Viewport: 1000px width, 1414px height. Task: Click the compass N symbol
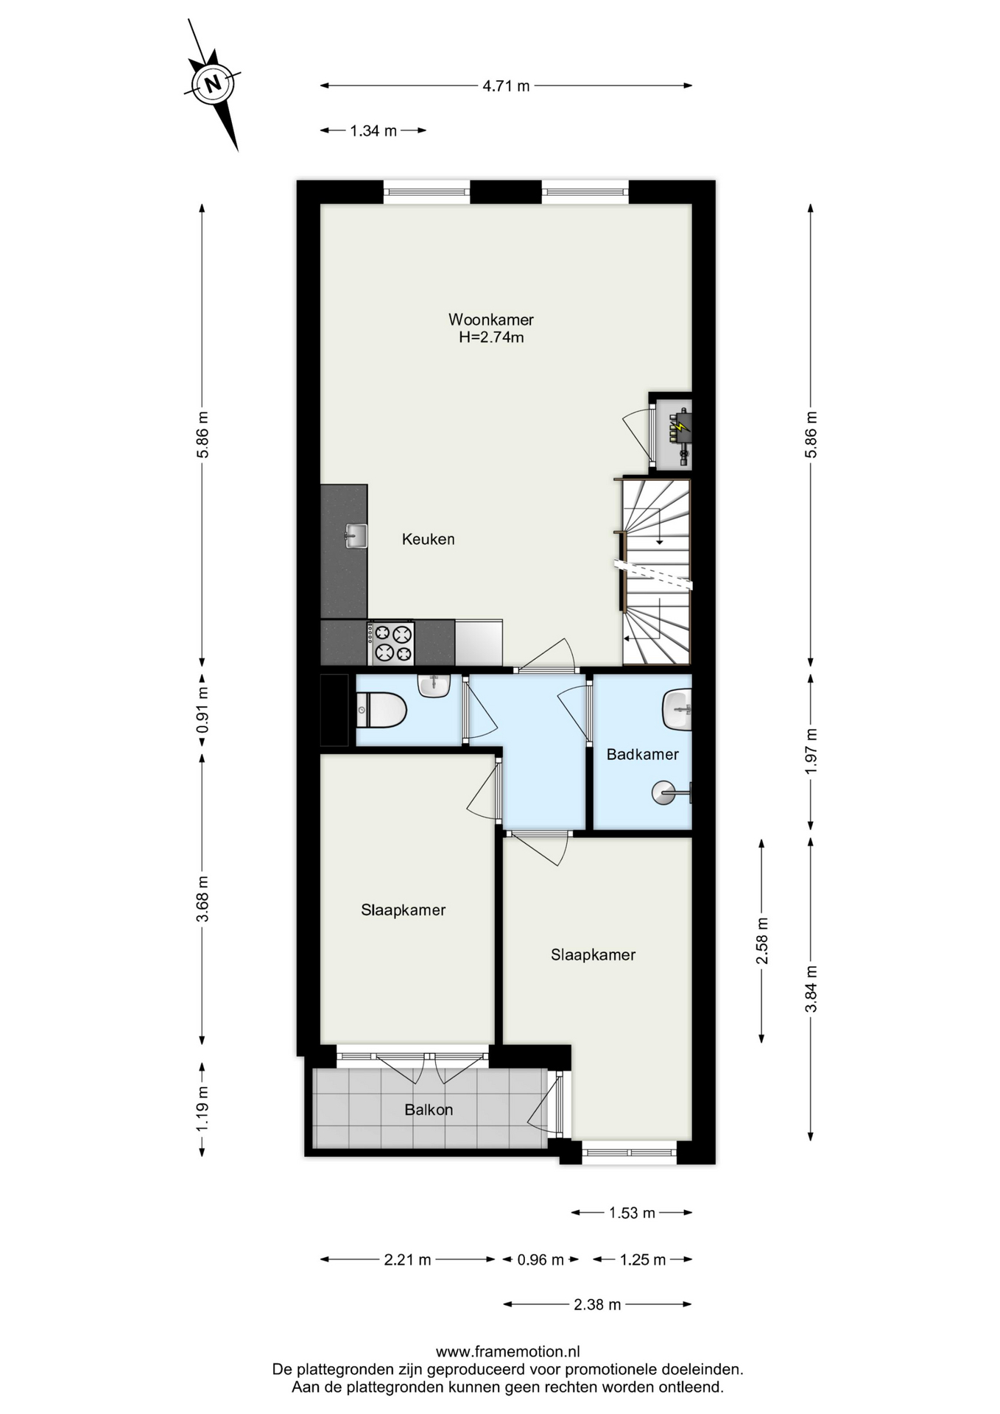(x=213, y=83)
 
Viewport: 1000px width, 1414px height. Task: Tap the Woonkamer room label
(x=491, y=320)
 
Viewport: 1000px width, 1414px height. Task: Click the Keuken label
(x=428, y=539)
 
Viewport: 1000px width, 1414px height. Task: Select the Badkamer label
(x=642, y=754)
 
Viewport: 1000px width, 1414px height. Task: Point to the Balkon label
(x=429, y=1110)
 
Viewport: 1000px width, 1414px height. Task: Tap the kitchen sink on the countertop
(x=356, y=536)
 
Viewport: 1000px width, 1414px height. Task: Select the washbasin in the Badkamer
(x=677, y=709)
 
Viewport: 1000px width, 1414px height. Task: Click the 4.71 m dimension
(x=506, y=85)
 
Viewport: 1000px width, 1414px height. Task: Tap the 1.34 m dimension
(x=373, y=131)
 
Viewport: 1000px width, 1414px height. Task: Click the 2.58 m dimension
(x=761, y=940)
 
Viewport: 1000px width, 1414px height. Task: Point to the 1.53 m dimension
(x=632, y=1212)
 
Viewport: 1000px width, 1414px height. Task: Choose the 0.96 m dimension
(x=541, y=1259)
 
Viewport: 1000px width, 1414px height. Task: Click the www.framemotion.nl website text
(x=508, y=1351)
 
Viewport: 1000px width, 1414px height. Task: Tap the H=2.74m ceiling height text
(x=491, y=337)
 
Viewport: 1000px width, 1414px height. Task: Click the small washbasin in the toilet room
(x=434, y=686)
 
